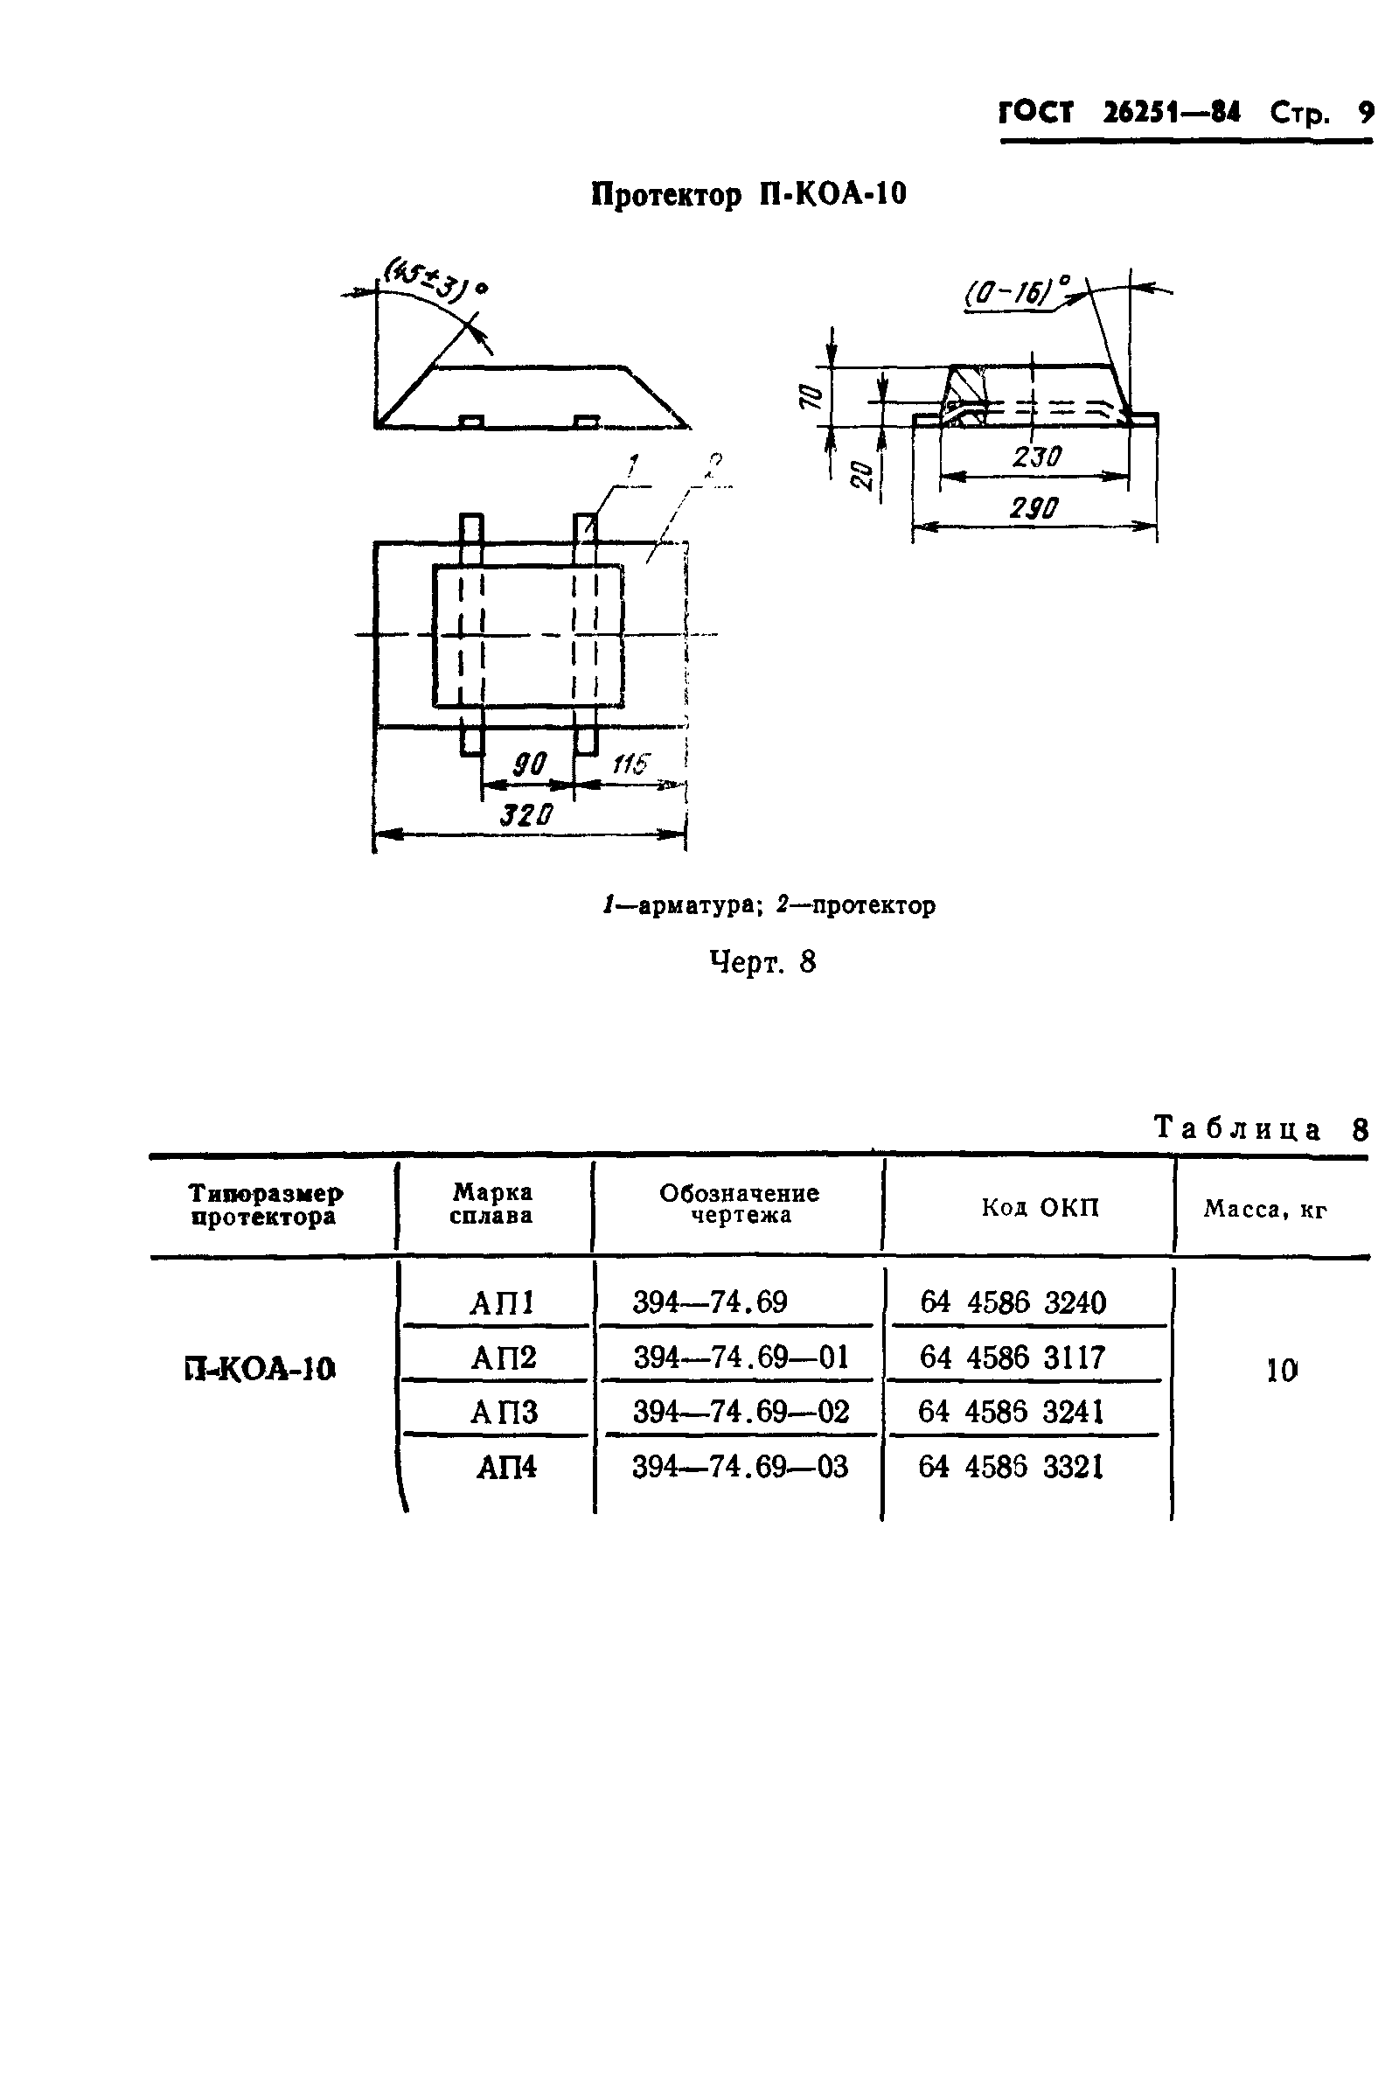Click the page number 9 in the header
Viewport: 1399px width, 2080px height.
click(1365, 113)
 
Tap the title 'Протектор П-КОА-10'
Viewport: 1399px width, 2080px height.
click(748, 194)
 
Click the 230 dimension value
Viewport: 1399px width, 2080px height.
click(1037, 457)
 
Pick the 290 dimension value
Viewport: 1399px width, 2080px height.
click(1034, 507)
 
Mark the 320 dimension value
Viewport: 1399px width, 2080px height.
click(526, 813)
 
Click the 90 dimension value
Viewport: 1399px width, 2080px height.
click(529, 764)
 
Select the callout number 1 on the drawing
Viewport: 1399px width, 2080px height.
click(631, 464)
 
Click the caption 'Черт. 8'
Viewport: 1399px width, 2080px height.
click(762, 962)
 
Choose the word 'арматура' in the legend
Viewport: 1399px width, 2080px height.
click(686, 905)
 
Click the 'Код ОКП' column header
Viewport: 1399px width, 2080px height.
click(1041, 1208)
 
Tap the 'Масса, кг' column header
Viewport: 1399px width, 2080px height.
click(1265, 1210)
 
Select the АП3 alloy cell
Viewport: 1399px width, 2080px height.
click(505, 1412)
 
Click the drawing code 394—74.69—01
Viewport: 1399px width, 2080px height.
click(741, 1358)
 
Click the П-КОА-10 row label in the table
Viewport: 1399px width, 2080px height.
click(261, 1369)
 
